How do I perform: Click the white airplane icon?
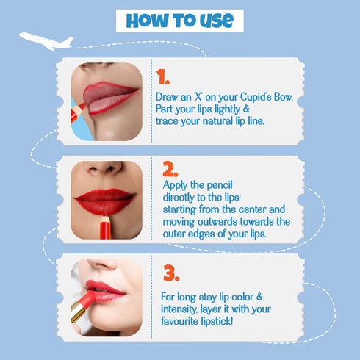46,40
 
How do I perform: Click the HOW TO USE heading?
179,20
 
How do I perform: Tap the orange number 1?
163,78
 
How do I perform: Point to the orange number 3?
170,274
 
